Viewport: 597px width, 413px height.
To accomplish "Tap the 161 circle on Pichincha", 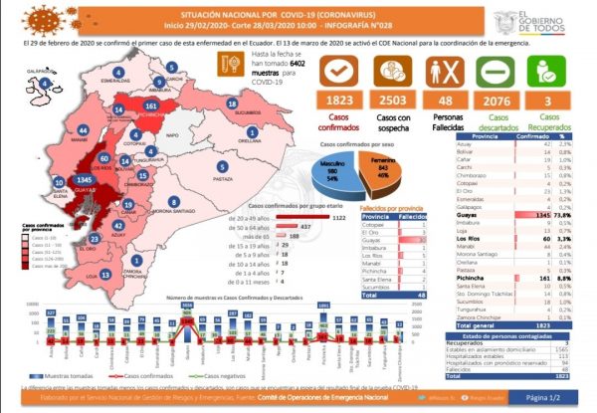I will (151, 104).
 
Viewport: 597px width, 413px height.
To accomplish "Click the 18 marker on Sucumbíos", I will (232, 103).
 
